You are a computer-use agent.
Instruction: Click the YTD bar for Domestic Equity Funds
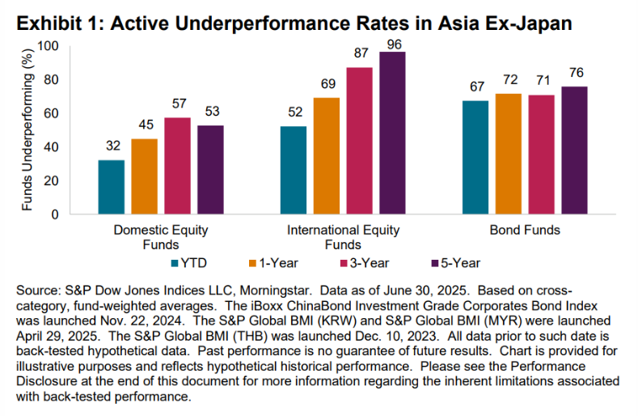[112, 187]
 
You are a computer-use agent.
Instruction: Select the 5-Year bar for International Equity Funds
[392, 133]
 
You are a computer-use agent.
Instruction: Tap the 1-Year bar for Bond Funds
[508, 154]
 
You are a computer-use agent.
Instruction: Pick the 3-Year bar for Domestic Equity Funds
[177, 166]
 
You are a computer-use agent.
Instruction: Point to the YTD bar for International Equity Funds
[294, 170]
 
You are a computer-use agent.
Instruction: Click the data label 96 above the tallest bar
[394, 45]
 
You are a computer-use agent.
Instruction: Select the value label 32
[113, 146]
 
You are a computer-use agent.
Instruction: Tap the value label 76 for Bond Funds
[577, 73]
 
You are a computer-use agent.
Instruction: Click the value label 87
[361, 53]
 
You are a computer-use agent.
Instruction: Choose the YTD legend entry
[189, 263]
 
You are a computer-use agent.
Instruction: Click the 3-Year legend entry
[365, 263]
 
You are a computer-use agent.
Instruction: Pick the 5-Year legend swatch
[434, 263]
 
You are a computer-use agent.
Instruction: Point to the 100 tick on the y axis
[49, 46]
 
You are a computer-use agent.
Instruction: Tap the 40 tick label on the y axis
[51, 147]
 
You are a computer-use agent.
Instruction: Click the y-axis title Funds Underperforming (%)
[27, 129]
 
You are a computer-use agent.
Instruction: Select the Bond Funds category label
[525, 230]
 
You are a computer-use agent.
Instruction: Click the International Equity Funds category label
[343, 237]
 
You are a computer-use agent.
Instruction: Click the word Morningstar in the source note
[275, 291]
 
